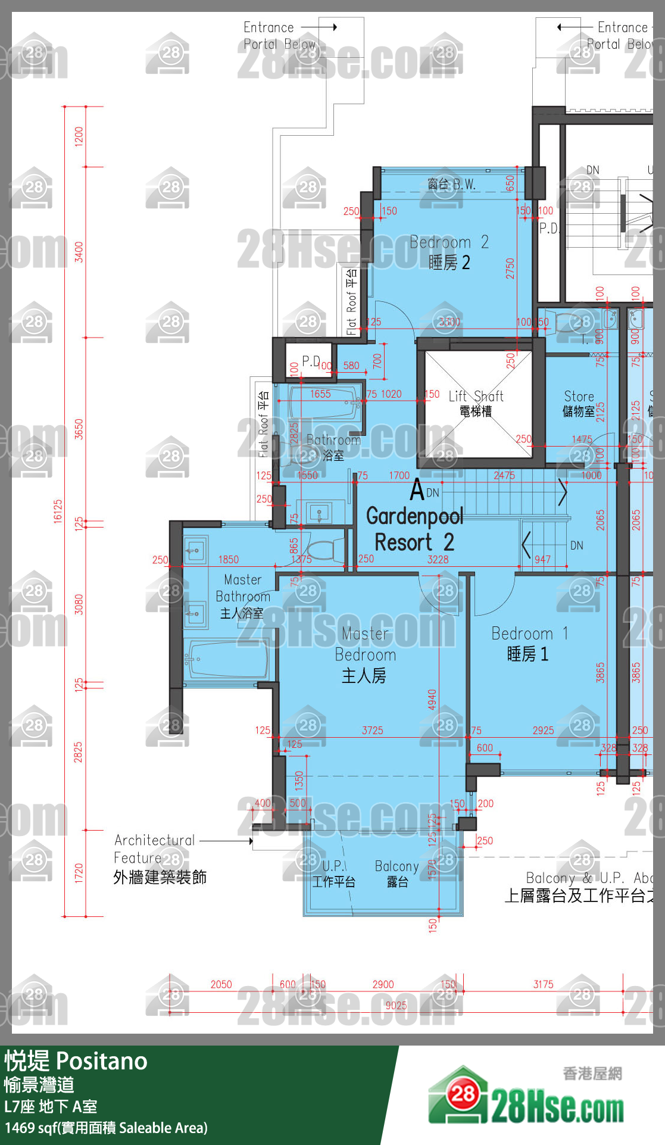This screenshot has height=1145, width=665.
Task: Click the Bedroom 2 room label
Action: (449, 252)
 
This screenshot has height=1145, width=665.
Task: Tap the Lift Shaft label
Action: (476, 403)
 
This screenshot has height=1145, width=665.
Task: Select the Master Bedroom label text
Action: (365, 654)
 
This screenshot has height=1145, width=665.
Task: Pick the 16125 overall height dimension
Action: (58, 511)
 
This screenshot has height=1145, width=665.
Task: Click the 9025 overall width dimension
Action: (396, 1006)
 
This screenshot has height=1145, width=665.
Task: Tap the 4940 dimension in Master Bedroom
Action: (432, 699)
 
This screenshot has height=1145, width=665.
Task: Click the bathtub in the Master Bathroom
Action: (226, 659)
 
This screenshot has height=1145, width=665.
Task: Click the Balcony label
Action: (397, 873)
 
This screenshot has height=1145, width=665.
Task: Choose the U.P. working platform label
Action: (334, 873)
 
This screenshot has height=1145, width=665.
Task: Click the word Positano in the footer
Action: (102, 1062)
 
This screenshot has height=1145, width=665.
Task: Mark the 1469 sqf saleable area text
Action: (106, 1128)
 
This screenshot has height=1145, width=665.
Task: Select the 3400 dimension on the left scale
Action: (79, 252)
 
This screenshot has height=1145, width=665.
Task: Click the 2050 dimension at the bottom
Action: (221, 985)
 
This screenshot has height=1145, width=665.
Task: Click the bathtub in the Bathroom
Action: (325, 404)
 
